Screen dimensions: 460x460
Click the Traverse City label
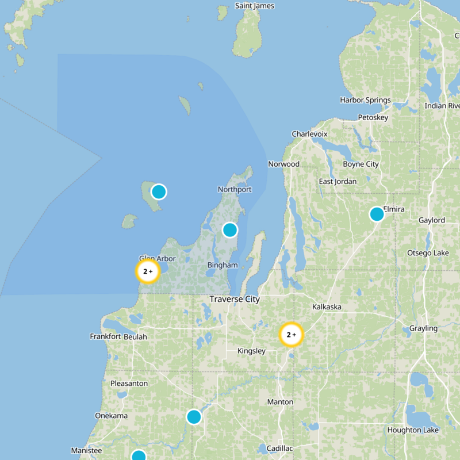click(x=235, y=299)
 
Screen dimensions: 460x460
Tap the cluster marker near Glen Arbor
click(x=147, y=271)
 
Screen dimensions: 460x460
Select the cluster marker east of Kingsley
click(x=291, y=335)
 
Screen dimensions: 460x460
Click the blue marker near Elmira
click(x=377, y=214)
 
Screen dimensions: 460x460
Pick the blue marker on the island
click(x=159, y=191)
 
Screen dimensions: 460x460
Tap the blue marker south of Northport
click(x=230, y=230)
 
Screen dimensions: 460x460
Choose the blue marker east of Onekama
click(x=194, y=417)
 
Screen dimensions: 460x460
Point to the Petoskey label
click(x=373, y=117)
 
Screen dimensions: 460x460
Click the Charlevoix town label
click(x=309, y=134)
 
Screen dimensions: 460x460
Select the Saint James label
click(x=255, y=6)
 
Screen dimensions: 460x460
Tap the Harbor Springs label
click(x=365, y=100)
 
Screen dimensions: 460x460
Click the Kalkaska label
click(x=327, y=307)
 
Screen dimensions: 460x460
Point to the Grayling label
click(x=423, y=328)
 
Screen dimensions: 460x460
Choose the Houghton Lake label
click(x=413, y=430)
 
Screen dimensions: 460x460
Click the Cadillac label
click(x=279, y=448)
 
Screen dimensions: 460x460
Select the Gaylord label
click(x=431, y=220)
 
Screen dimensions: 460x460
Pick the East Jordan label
click(x=338, y=182)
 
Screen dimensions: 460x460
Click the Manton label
click(x=280, y=402)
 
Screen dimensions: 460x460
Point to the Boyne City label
click(x=361, y=164)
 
